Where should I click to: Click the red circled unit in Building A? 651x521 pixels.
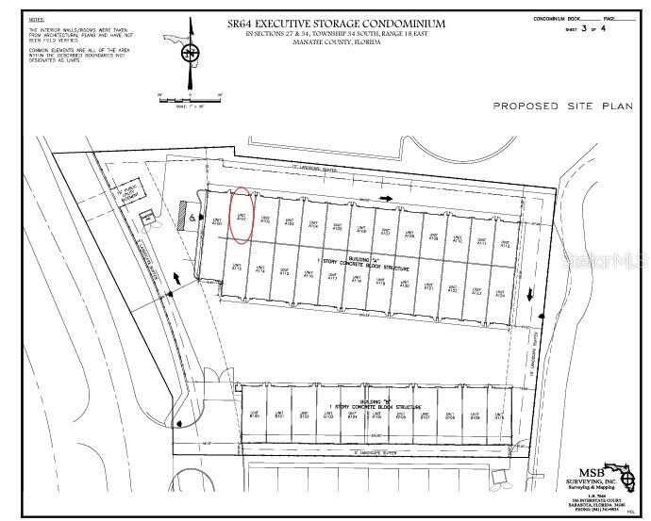point(241,216)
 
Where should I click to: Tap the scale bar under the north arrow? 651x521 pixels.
point(191,97)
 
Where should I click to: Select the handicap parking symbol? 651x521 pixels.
point(192,217)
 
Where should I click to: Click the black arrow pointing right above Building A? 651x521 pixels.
point(388,199)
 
